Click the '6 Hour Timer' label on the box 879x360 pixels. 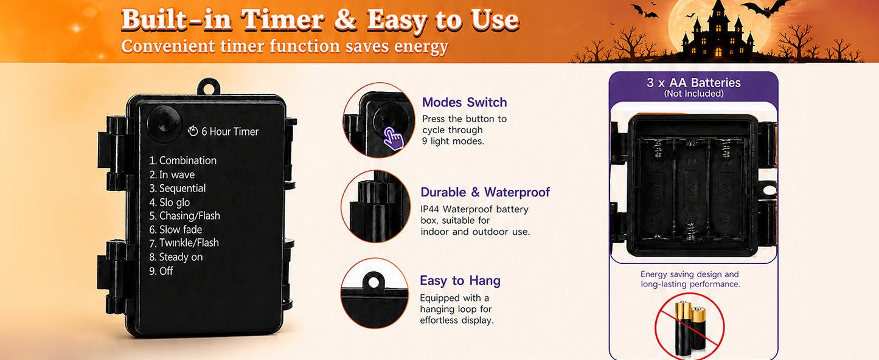click(230, 131)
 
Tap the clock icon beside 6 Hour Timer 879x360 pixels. click(193, 131)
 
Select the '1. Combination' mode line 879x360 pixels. click(183, 161)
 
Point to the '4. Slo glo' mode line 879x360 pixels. click(170, 202)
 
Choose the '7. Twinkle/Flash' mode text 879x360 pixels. click(184, 243)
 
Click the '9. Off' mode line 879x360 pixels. click(161, 271)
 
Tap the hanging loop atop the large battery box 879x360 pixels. click(208, 87)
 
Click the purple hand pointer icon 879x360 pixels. click(393, 138)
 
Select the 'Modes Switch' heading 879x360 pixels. click(465, 102)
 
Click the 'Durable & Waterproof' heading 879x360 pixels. click(485, 192)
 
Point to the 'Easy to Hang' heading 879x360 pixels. click(460, 281)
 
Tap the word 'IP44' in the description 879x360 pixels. click(429, 209)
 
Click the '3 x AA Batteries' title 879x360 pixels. click(694, 82)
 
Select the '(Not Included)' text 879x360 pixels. click(694, 93)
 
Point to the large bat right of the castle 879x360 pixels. click(765, 8)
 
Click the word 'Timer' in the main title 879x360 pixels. click(283, 20)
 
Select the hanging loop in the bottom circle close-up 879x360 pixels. click(373, 282)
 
